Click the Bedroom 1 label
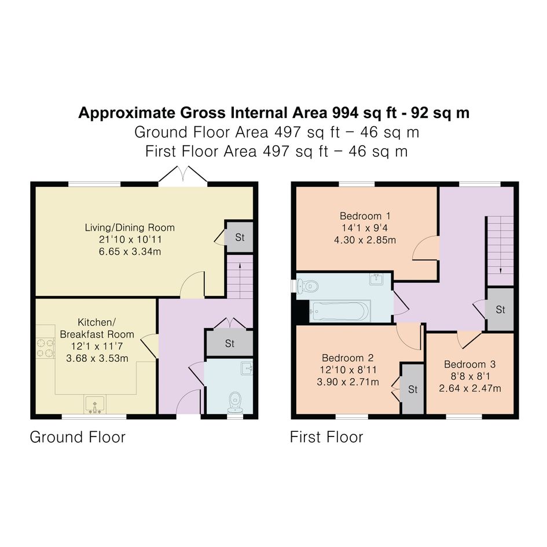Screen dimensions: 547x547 pyautogui.click(x=365, y=216)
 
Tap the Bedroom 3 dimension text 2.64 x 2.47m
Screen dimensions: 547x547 pyautogui.click(x=470, y=388)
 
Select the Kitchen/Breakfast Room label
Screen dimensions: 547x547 pyautogui.click(x=97, y=328)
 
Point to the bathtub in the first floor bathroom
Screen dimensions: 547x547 pyautogui.click(x=340, y=310)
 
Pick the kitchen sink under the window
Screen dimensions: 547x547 pyautogui.click(x=95, y=405)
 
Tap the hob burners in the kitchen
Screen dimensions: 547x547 pyautogui.click(x=46, y=348)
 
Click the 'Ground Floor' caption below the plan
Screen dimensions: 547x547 pyautogui.click(x=78, y=437)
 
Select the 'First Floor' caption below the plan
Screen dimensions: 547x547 pyautogui.click(x=326, y=437)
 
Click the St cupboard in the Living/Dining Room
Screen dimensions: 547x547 pyautogui.click(x=239, y=237)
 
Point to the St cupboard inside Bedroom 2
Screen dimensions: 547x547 pyautogui.click(x=413, y=388)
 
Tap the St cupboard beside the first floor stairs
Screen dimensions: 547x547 pyautogui.click(x=500, y=310)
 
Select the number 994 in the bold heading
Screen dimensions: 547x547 pyautogui.click(x=346, y=113)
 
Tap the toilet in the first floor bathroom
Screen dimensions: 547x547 pyautogui.click(x=307, y=287)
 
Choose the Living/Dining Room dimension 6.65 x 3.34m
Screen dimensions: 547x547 pyautogui.click(x=130, y=252)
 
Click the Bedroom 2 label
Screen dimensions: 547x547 pyautogui.click(x=347, y=358)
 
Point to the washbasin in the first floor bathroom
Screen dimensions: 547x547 pyautogui.click(x=376, y=279)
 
